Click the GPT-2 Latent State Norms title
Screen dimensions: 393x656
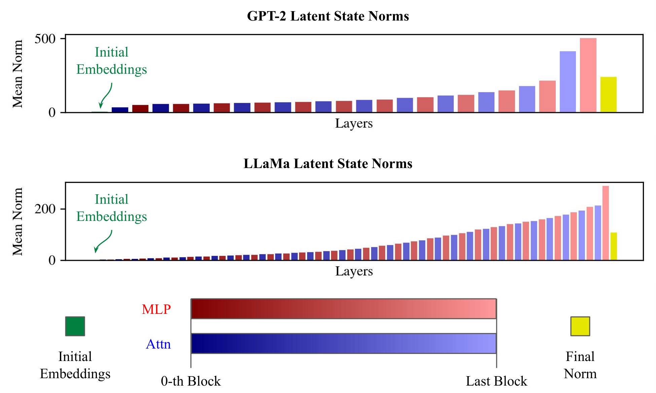[328, 16]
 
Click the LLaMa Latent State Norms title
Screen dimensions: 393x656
[328, 164]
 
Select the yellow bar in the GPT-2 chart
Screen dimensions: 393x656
[608, 95]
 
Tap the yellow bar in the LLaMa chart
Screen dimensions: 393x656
[614, 246]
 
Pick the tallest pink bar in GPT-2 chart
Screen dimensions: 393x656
[588, 75]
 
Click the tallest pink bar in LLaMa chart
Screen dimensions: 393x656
[606, 223]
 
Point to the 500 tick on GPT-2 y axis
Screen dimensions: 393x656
[45, 39]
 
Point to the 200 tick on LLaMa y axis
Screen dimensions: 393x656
[45, 209]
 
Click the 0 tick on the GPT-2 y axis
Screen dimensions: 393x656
[52, 112]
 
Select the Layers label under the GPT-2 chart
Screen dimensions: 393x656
[354, 123]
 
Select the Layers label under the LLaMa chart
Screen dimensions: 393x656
[354, 271]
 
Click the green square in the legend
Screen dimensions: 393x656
[75, 326]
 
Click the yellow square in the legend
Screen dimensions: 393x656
[580, 326]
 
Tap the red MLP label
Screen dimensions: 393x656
[156, 309]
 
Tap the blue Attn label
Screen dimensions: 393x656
[158, 344]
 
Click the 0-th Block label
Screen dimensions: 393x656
[191, 381]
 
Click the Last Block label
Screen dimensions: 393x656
[496, 381]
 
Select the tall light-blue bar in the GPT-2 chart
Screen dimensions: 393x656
[568, 82]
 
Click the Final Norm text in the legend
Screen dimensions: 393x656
[580, 365]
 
